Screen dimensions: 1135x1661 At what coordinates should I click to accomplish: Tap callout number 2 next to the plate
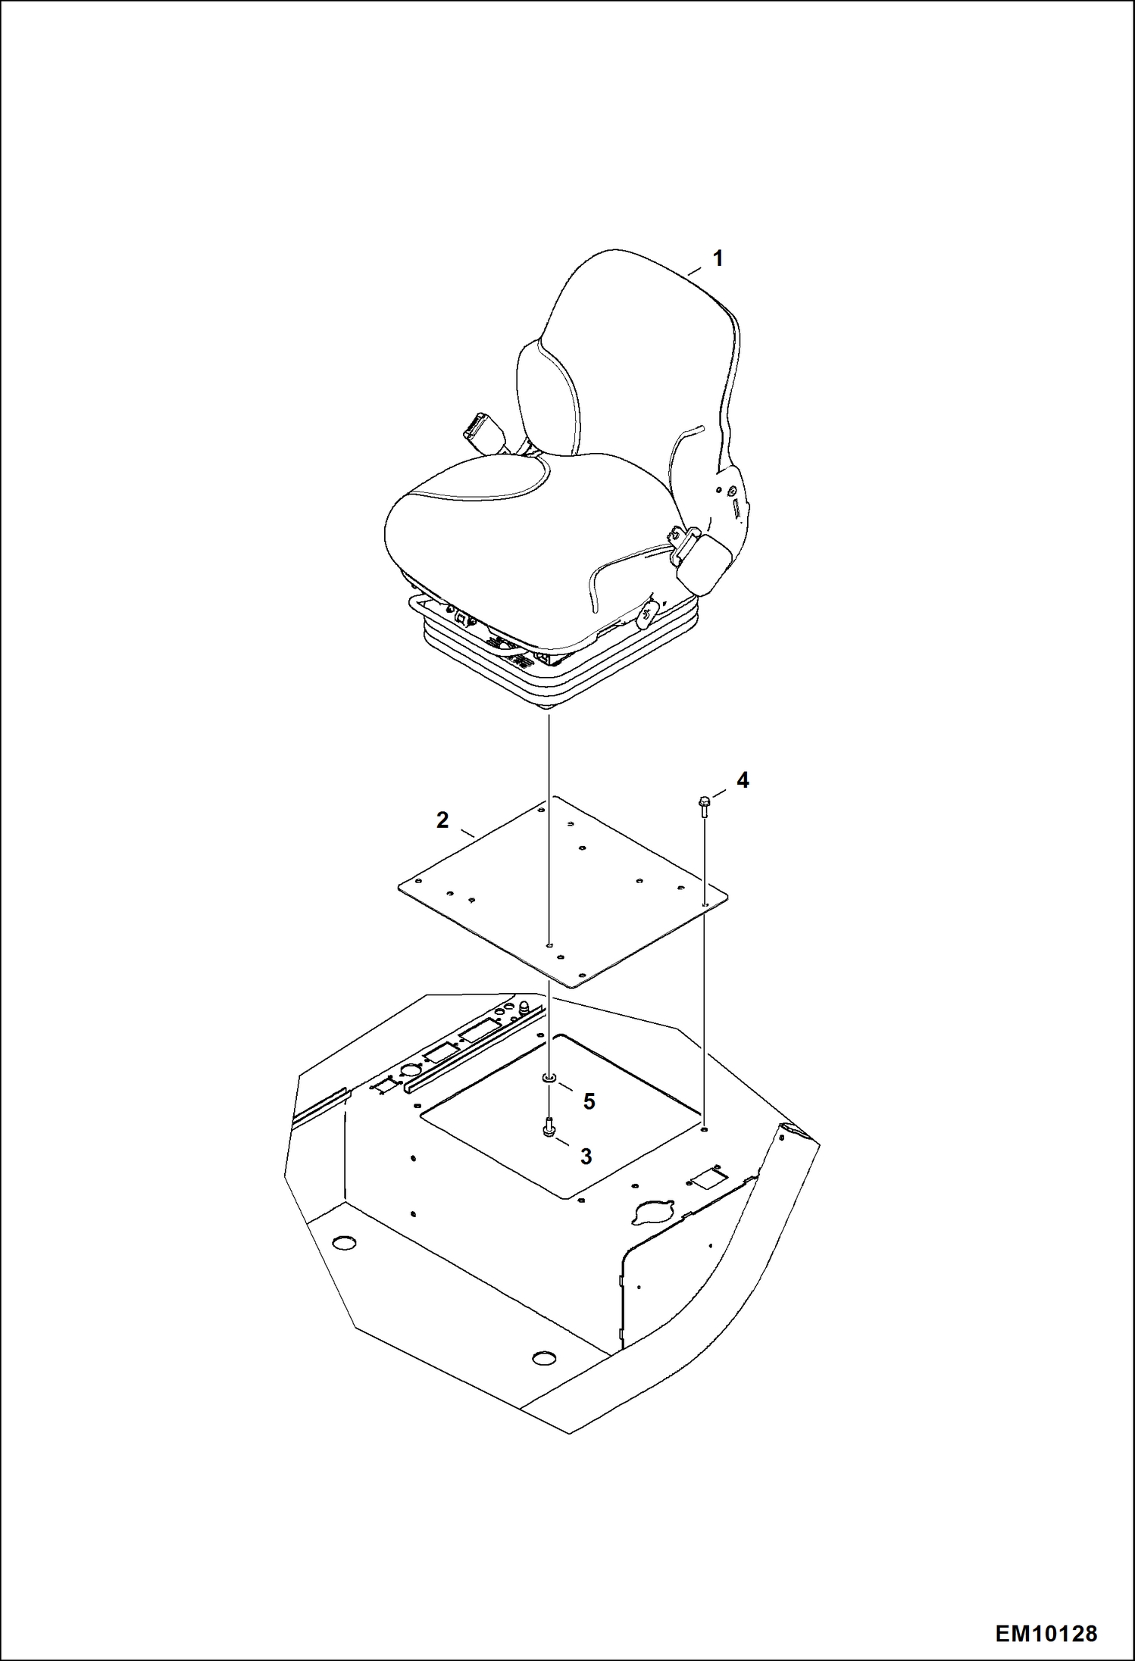(x=442, y=820)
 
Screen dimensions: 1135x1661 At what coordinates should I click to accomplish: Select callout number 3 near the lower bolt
(x=586, y=1157)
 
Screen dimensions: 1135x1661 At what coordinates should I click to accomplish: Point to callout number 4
(x=743, y=780)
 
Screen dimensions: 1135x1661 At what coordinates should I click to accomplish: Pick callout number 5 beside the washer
(x=589, y=1101)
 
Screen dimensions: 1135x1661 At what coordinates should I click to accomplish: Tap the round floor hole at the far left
(x=343, y=1243)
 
